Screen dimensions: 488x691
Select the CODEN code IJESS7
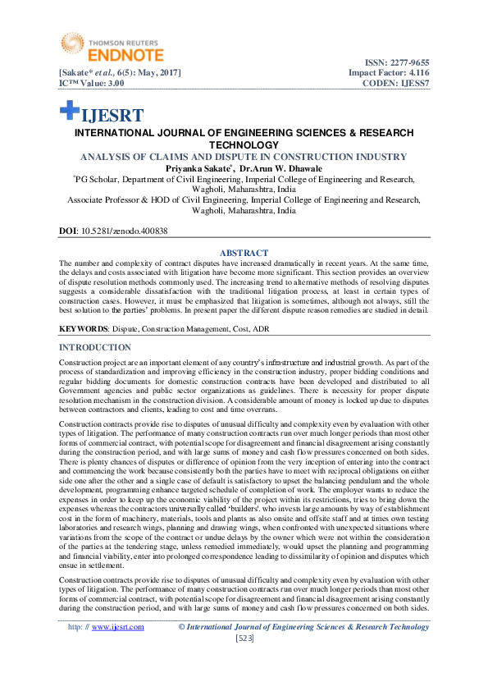point(415,84)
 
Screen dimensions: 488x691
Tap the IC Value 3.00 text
point(90,84)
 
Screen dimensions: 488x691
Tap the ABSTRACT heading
point(244,253)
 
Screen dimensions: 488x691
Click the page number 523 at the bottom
point(244,638)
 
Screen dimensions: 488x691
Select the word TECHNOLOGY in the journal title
point(244,144)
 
